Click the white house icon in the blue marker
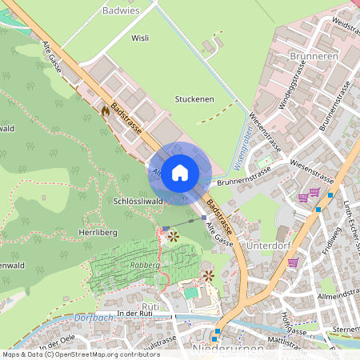point(180,171)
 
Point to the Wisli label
point(140,38)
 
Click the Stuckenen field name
point(194,99)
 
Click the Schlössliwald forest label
point(138,201)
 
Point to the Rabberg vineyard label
point(145,265)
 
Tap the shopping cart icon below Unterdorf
point(293,262)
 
